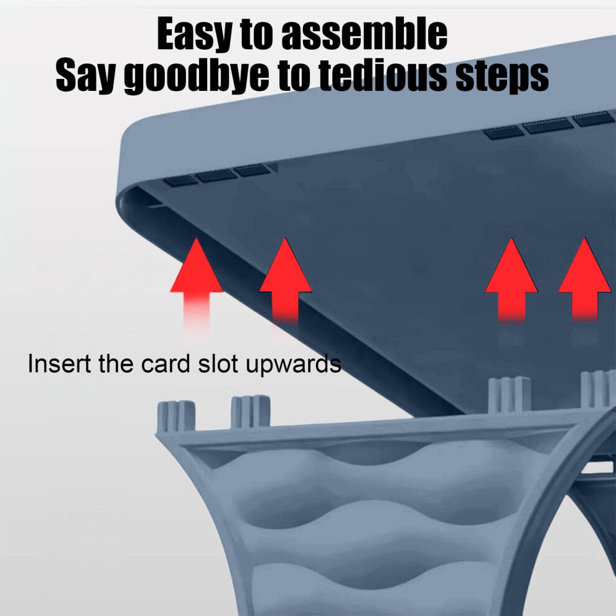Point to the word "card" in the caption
pyautogui.click(x=166, y=364)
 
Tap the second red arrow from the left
pyautogui.click(x=285, y=281)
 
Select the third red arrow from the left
pyautogui.click(x=511, y=280)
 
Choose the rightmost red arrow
pyautogui.click(x=585, y=280)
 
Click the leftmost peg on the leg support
pyautogui.click(x=176, y=417)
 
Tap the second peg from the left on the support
pyautogui.click(x=251, y=412)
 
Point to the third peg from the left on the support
pyautogui.click(x=509, y=394)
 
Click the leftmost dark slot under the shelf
pyautogui.click(x=180, y=180)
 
